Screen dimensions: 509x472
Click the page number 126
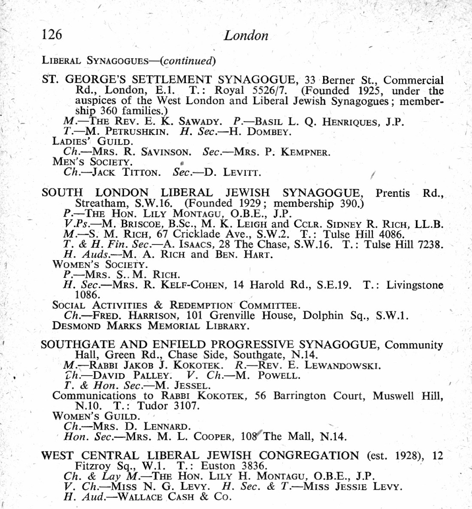click(x=52, y=34)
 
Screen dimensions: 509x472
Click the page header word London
click(x=246, y=35)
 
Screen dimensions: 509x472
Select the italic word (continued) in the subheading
click(x=188, y=60)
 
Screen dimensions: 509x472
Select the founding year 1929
click(x=250, y=203)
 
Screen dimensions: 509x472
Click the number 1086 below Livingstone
click(x=88, y=295)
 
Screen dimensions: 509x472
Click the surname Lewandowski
click(x=342, y=366)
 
